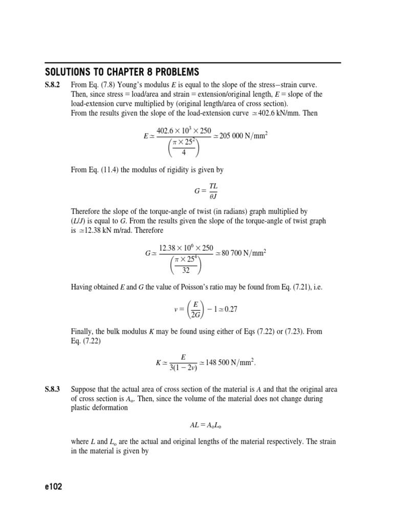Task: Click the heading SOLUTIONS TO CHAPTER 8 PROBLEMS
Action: click(x=122, y=72)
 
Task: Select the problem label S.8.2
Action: click(x=52, y=84)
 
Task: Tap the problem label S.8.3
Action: click(x=52, y=389)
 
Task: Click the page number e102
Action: click(x=53, y=487)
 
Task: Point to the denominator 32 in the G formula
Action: click(x=186, y=271)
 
